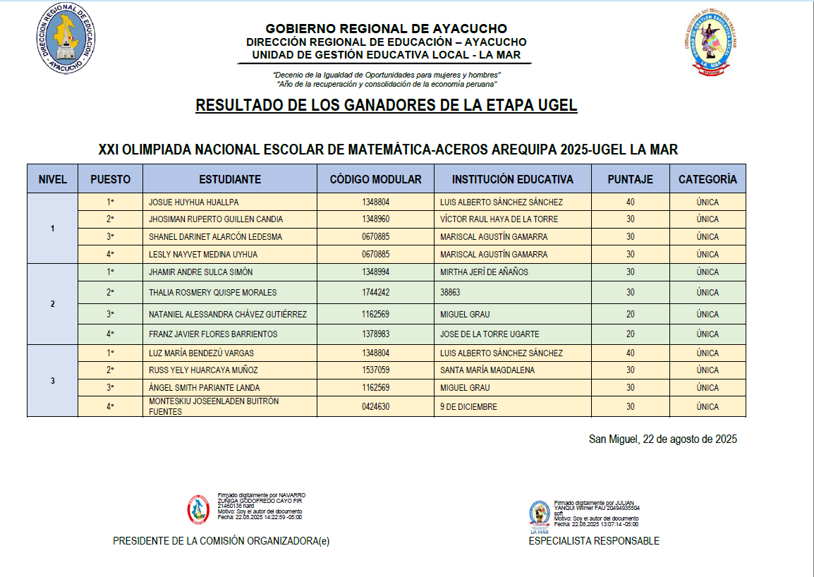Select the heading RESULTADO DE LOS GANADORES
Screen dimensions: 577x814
(x=386, y=106)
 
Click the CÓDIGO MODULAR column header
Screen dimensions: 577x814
(x=375, y=179)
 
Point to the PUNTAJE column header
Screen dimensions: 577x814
(x=630, y=179)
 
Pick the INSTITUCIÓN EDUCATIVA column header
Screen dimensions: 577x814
(x=512, y=179)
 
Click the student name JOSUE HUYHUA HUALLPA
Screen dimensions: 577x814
(x=193, y=202)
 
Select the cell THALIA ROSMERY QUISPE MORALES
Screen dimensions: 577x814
(x=212, y=293)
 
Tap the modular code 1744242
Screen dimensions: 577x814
(x=375, y=293)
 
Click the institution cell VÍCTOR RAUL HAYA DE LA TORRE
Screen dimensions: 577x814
(x=499, y=219)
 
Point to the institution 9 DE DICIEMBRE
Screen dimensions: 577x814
(x=468, y=407)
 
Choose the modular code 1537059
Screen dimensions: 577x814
(x=375, y=370)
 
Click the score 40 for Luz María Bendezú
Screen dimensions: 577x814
(x=630, y=353)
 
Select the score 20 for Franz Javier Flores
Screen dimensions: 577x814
(x=630, y=334)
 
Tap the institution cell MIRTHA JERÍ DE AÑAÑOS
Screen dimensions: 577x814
(x=484, y=272)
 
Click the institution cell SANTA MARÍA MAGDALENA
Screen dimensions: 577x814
(x=487, y=370)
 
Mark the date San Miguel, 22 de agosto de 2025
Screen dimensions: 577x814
(x=662, y=439)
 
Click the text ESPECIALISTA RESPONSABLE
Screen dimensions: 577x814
(x=594, y=541)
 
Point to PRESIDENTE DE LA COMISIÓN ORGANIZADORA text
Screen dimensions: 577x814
(x=221, y=541)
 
